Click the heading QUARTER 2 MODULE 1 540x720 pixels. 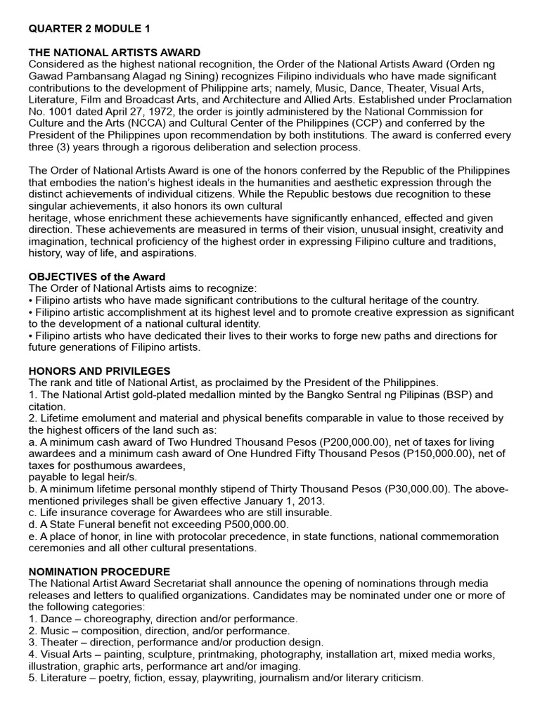tap(89, 29)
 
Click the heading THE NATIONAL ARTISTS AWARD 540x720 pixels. tap(114, 53)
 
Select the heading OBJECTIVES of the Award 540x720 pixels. tap(96, 276)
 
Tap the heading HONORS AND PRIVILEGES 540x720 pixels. tap(99, 371)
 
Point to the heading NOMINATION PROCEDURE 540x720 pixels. tap(98, 572)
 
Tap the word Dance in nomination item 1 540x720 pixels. tap(56, 619)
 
